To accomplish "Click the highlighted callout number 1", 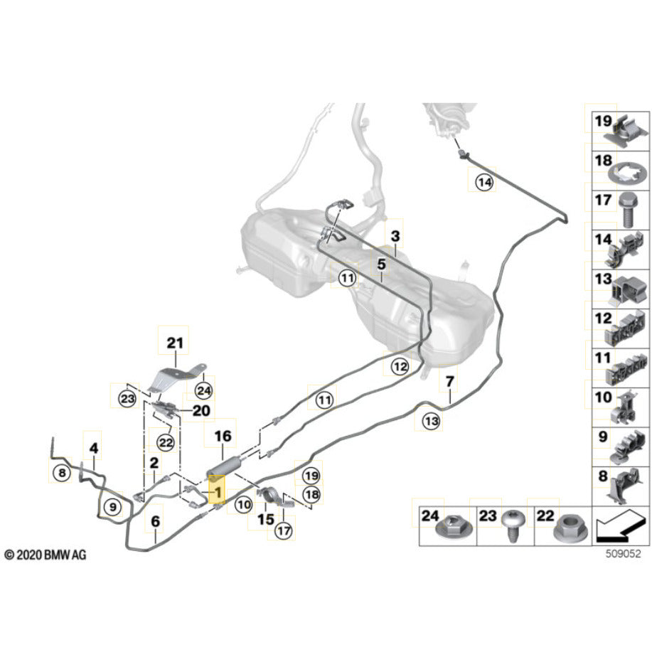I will pyautogui.click(x=217, y=491).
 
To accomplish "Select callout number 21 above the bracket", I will pyautogui.click(x=175, y=344).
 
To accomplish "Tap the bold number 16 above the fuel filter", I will pyautogui.click(x=223, y=436).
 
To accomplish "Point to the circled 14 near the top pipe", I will pyautogui.click(x=484, y=183).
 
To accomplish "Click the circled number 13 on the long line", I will pyautogui.click(x=431, y=422).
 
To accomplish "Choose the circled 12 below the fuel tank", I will pyautogui.click(x=399, y=367).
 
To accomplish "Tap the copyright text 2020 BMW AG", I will pyautogui.click(x=45, y=554).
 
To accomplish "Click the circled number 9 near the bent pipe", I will pyautogui.click(x=111, y=507).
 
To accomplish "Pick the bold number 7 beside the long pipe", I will pyautogui.click(x=449, y=383).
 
